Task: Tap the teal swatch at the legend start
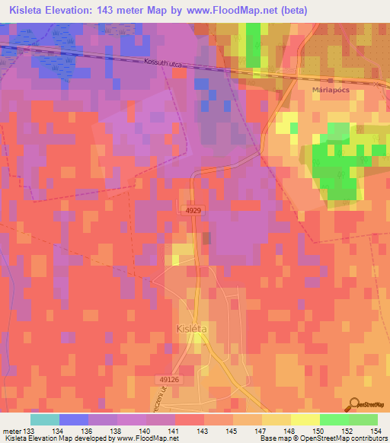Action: (45, 419)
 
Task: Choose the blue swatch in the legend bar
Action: (74, 419)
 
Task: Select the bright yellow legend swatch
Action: (305, 419)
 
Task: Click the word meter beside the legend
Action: (11, 430)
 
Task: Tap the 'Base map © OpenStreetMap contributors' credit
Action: (324, 438)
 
